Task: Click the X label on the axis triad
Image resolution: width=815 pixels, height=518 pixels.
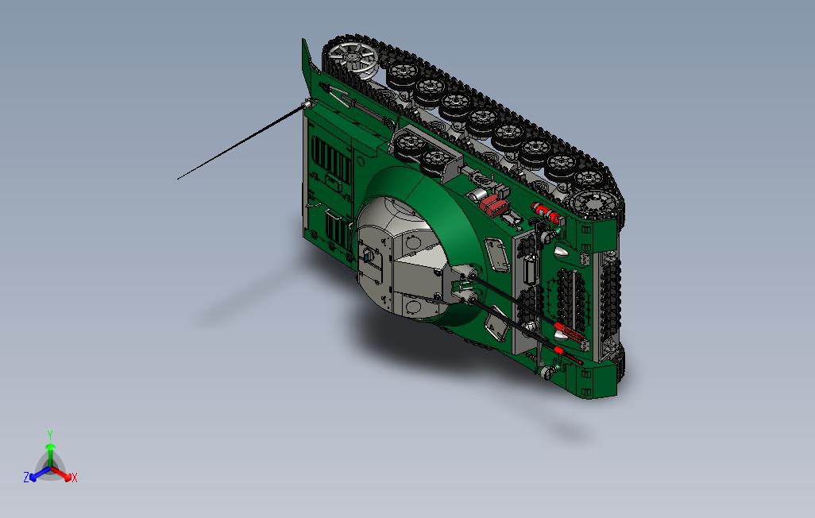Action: coord(75,477)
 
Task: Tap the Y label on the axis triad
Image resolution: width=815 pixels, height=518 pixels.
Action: coord(50,435)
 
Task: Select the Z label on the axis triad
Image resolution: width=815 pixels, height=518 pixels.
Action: coord(26,477)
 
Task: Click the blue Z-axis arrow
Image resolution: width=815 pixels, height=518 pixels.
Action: coord(40,473)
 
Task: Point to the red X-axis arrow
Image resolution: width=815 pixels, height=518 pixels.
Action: coord(61,474)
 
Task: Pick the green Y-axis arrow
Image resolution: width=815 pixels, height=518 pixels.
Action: coord(50,455)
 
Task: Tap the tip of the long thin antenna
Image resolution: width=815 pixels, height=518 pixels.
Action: coord(178,180)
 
